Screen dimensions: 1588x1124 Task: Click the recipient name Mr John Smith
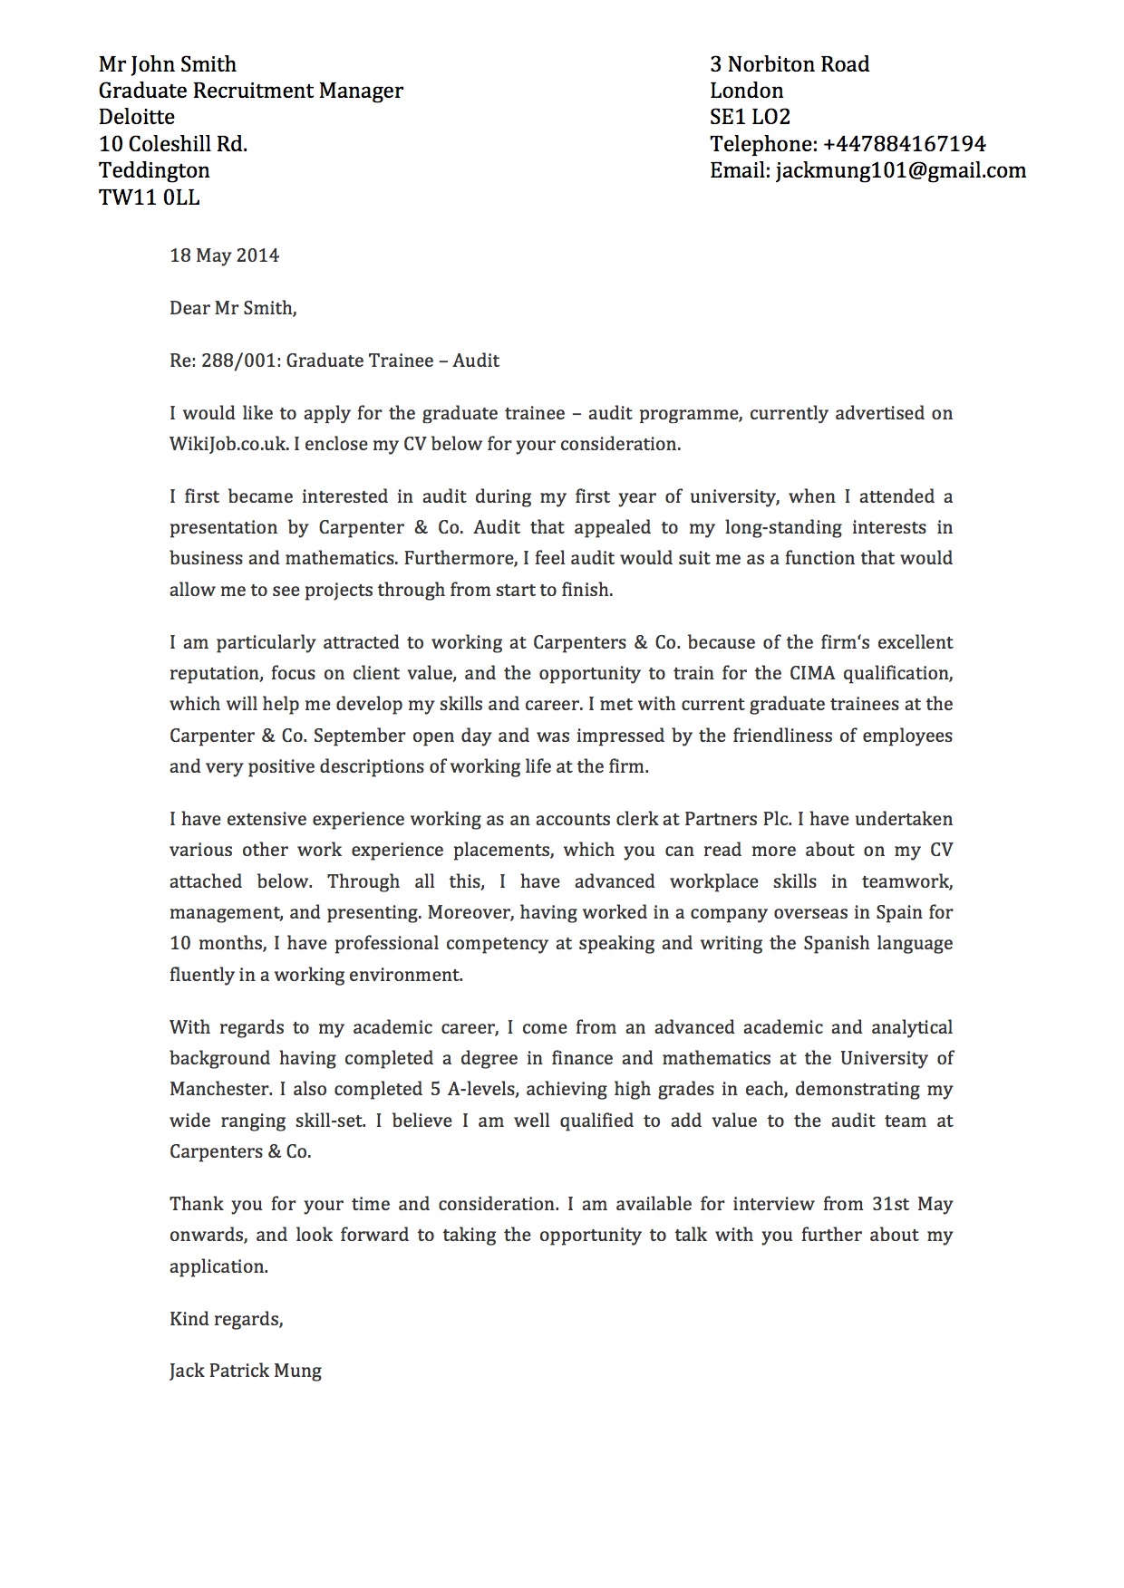coord(167,64)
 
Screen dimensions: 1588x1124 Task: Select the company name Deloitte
coord(136,117)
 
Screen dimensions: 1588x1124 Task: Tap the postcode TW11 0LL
coord(149,197)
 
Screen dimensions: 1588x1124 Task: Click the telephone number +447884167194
coord(904,144)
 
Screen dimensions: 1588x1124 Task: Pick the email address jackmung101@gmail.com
coord(900,170)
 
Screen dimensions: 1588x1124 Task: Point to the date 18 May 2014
coord(224,255)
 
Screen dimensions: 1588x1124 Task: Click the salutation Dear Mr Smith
coord(232,308)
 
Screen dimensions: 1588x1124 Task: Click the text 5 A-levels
coord(474,1089)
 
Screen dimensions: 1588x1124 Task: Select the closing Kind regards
coord(226,1319)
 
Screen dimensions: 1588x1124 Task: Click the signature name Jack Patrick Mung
coord(245,1371)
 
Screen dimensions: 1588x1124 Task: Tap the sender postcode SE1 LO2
coord(750,117)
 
